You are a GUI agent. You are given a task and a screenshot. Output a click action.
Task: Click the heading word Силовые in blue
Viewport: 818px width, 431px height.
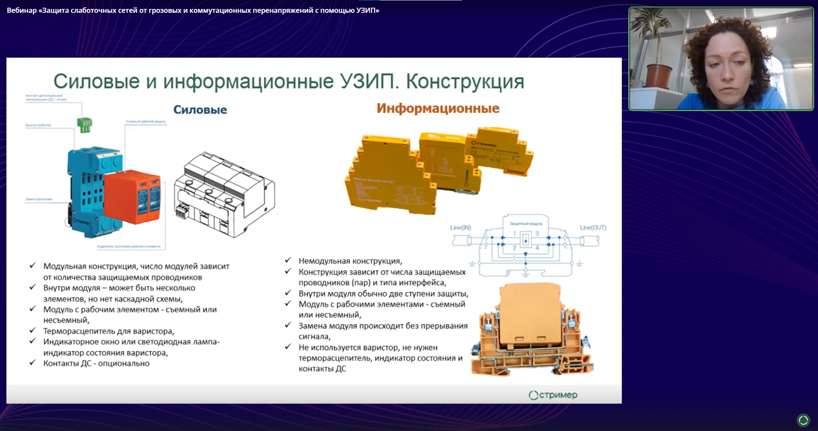click(200, 110)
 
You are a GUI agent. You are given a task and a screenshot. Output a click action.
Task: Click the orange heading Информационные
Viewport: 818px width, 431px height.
click(438, 108)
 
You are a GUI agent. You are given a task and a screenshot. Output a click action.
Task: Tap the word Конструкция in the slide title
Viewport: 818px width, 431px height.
click(465, 81)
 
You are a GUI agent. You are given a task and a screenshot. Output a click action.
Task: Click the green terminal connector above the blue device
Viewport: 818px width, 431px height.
click(84, 125)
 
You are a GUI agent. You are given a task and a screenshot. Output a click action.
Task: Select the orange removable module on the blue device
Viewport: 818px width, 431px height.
click(132, 197)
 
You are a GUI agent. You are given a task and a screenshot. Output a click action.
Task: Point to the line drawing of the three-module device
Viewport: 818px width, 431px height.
click(225, 195)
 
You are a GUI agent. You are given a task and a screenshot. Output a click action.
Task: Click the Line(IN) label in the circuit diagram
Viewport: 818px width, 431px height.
click(460, 228)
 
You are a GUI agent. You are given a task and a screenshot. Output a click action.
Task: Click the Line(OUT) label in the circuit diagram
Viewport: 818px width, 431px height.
click(593, 228)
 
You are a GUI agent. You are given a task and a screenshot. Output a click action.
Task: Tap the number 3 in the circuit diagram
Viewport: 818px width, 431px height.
click(537, 234)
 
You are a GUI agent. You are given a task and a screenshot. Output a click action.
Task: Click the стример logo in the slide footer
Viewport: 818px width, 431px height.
click(553, 395)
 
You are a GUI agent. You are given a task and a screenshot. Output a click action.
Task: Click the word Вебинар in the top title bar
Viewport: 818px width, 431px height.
click(22, 10)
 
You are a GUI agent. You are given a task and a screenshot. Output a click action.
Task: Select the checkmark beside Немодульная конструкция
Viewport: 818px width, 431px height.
click(288, 260)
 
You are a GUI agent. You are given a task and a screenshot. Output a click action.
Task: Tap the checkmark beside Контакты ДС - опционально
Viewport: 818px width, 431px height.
click(32, 363)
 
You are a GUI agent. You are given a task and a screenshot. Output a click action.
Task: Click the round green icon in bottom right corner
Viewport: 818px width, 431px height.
click(803, 420)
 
